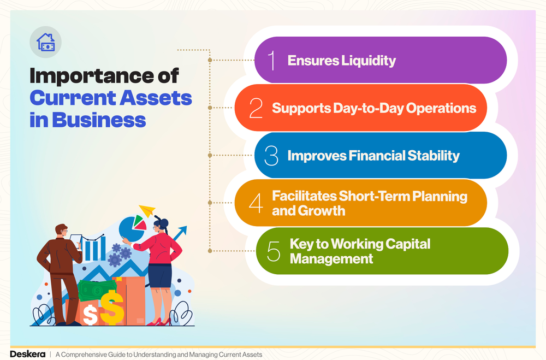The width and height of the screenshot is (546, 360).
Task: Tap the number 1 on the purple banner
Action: point(271,60)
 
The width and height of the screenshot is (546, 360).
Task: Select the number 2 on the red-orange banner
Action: point(256,108)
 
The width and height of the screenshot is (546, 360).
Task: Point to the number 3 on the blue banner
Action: point(271,156)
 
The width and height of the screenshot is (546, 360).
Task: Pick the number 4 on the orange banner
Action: point(256,203)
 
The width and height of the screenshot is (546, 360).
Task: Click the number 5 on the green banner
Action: point(273,251)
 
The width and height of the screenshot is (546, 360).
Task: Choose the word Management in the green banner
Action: point(331,258)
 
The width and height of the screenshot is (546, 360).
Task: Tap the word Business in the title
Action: point(99,120)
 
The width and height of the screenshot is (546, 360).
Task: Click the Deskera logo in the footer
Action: point(26,354)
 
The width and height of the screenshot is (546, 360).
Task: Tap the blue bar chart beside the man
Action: point(96,247)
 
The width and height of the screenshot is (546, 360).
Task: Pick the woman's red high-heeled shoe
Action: point(153,321)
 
